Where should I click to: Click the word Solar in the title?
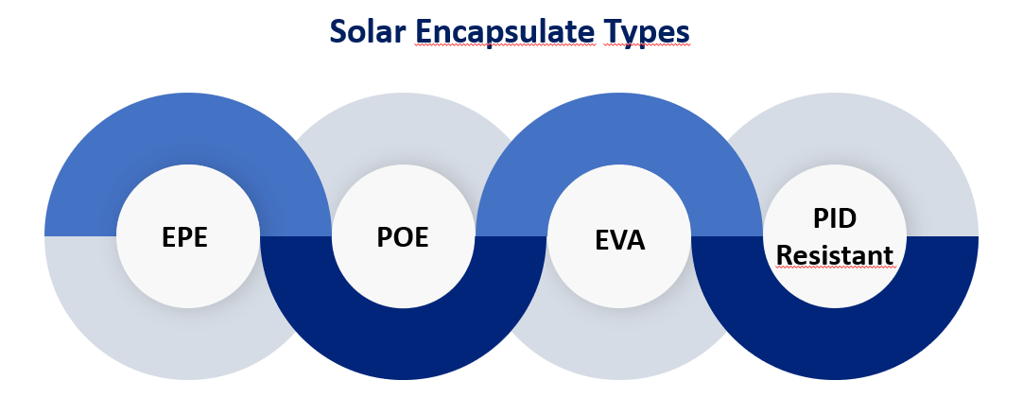coord(367,31)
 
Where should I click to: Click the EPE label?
coord(184,237)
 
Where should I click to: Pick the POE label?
coord(403,237)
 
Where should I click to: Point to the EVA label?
coord(620,240)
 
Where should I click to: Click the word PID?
coord(835,218)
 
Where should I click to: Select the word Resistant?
coord(835,255)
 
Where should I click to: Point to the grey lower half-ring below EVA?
coord(619,346)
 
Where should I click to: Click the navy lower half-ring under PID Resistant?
coord(835,344)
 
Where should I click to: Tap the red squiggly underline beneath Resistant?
coord(835,267)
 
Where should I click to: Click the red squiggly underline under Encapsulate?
coord(506,46)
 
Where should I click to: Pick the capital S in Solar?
coord(338,32)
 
